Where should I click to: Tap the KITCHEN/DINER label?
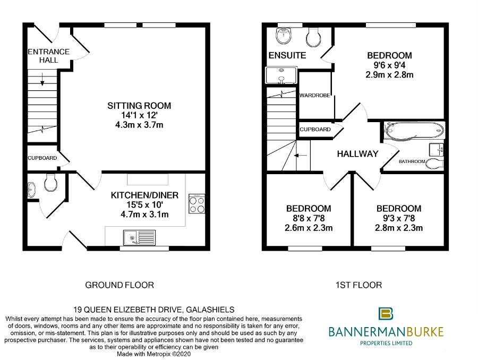point(144,195)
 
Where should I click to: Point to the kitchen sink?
point(139,237)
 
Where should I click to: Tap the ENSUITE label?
point(287,55)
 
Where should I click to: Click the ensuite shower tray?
point(281,75)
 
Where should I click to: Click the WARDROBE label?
point(316,96)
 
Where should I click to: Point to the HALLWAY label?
point(357,154)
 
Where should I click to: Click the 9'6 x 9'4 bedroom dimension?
point(389,65)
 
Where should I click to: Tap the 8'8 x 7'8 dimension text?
point(308,219)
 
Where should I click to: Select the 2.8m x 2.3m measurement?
point(398,228)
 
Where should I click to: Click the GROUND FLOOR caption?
point(119,285)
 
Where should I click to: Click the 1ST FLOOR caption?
point(358,285)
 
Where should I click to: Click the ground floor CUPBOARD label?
point(42,158)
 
